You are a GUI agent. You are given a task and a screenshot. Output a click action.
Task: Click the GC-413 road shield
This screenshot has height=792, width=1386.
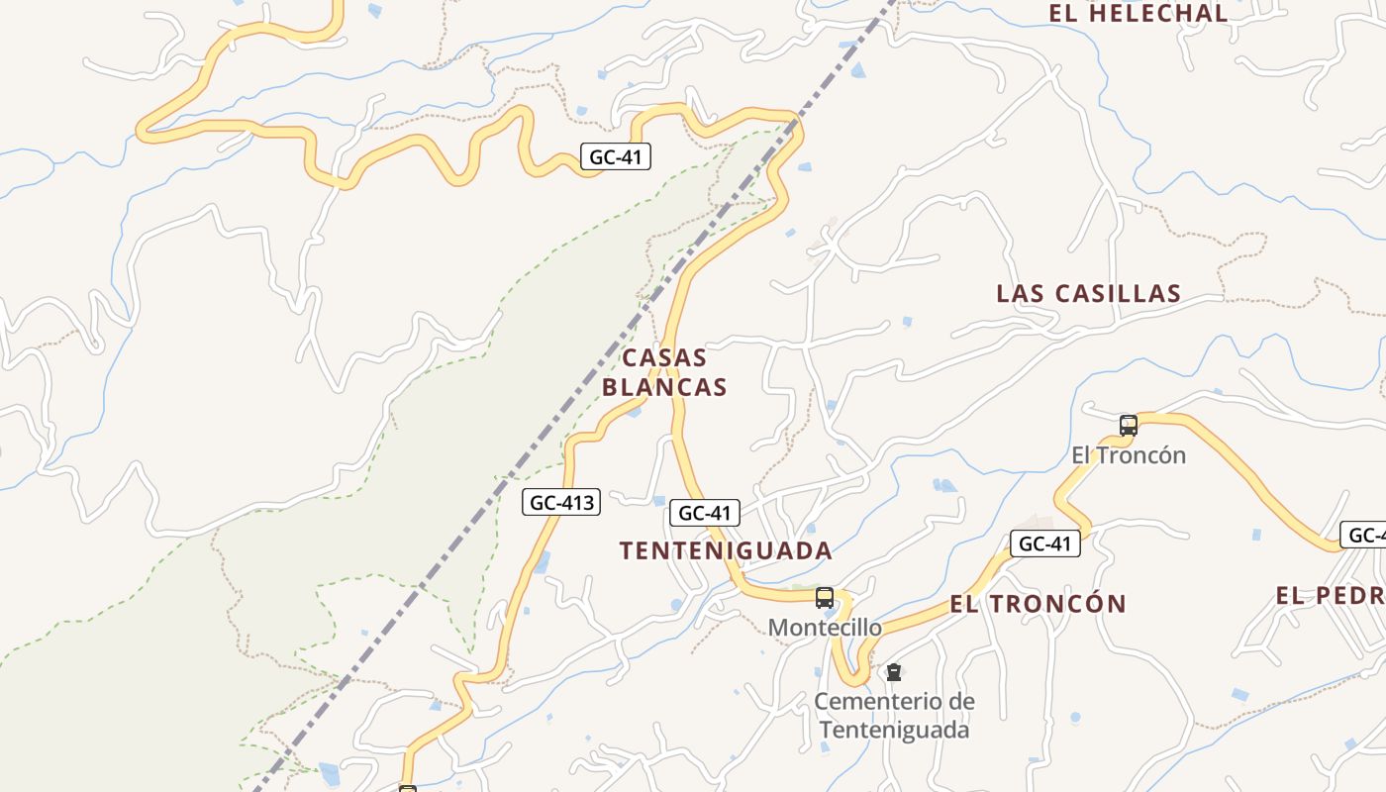tap(561, 502)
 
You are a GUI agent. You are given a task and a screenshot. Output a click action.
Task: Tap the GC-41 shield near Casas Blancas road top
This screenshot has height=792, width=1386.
tap(615, 156)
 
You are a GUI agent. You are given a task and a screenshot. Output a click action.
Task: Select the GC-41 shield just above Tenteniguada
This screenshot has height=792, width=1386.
tap(705, 513)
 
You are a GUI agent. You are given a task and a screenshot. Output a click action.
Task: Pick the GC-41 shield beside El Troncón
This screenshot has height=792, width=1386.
tap(1044, 544)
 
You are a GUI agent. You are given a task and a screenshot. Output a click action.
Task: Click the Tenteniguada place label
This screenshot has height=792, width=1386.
tap(726, 550)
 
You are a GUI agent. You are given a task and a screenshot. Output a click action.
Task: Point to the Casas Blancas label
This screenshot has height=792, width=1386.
tap(664, 372)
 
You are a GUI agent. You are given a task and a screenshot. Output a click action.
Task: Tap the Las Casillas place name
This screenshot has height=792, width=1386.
tap(1088, 293)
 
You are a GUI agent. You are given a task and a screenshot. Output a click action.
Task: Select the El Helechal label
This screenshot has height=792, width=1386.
tap(1138, 13)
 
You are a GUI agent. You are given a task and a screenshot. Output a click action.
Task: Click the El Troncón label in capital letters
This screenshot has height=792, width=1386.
tap(1038, 604)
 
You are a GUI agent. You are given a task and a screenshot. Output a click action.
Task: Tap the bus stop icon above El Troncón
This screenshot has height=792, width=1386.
tap(1128, 426)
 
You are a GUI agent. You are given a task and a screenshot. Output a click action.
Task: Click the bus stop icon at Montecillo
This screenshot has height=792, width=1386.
tap(824, 597)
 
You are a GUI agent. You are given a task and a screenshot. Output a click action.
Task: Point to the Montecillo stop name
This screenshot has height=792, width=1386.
tap(825, 628)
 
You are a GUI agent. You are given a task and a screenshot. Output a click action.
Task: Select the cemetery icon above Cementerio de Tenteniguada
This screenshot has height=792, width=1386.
tap(893, 672)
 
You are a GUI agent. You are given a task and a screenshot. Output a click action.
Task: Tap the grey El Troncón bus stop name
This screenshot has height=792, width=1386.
tap(1129, 455)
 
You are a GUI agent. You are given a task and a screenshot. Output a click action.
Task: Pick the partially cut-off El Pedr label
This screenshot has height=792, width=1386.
tap(1330, 596)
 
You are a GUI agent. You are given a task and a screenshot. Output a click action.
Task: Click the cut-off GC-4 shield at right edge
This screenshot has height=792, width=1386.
tap(1364, 536)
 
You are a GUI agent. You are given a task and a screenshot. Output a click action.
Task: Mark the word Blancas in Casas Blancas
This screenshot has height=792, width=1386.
tap(664, 387)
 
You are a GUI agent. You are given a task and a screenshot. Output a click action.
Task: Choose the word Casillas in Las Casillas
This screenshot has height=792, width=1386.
tap(1119, 293)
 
